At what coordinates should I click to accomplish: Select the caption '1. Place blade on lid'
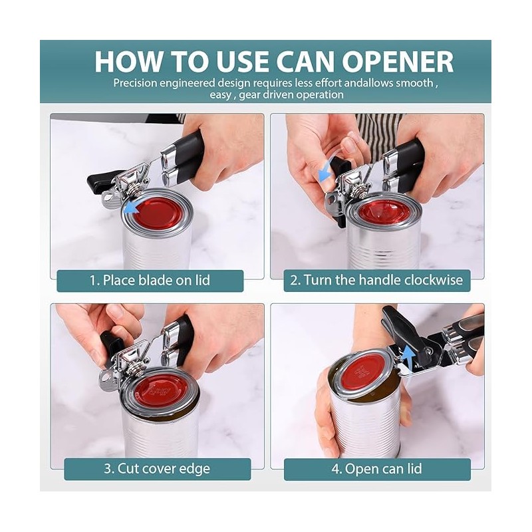point(150,280)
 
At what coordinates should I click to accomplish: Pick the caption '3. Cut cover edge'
point(157,468)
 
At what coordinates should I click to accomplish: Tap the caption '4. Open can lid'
point(376,468)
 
